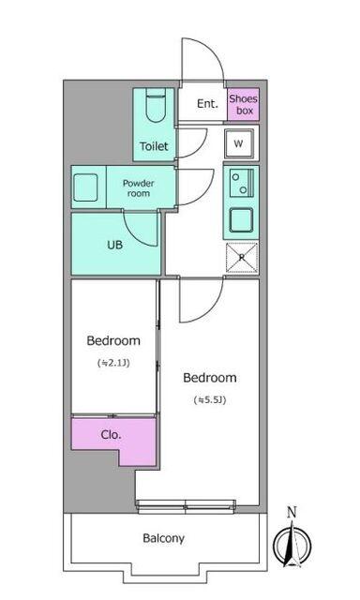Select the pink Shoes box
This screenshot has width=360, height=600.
click(243, 104)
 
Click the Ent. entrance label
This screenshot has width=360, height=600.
click(207, 104)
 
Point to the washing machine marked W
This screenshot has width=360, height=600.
click(238, 143)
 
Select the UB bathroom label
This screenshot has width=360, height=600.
click(114, 246)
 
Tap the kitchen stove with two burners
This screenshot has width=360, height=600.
click(240, 181)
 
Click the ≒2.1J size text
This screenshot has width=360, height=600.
click(112, 363)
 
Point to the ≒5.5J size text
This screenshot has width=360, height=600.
click(209, 399)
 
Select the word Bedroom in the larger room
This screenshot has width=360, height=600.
click(209, 378)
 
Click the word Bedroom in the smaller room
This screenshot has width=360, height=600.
click(112, 340)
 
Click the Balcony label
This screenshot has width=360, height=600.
click(163, 538)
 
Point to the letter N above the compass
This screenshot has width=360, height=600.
click(292, 512)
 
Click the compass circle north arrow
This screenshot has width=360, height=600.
click(292, 545)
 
